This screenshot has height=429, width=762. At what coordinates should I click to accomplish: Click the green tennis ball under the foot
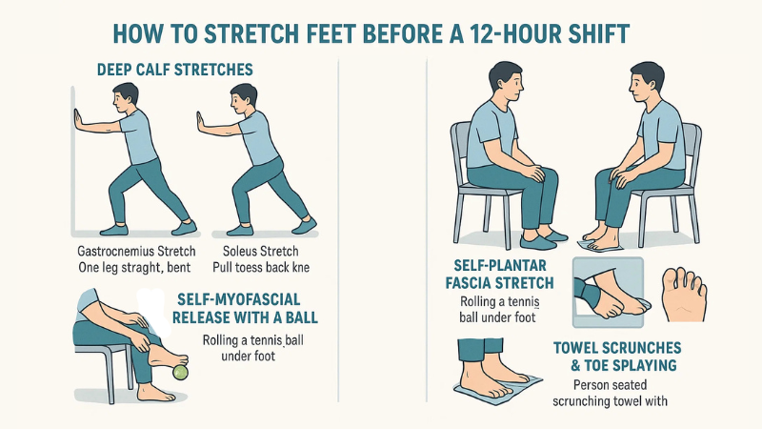(x=179, y=373)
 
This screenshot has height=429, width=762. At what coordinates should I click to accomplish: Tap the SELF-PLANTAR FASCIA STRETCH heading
(x=505, y=274)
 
